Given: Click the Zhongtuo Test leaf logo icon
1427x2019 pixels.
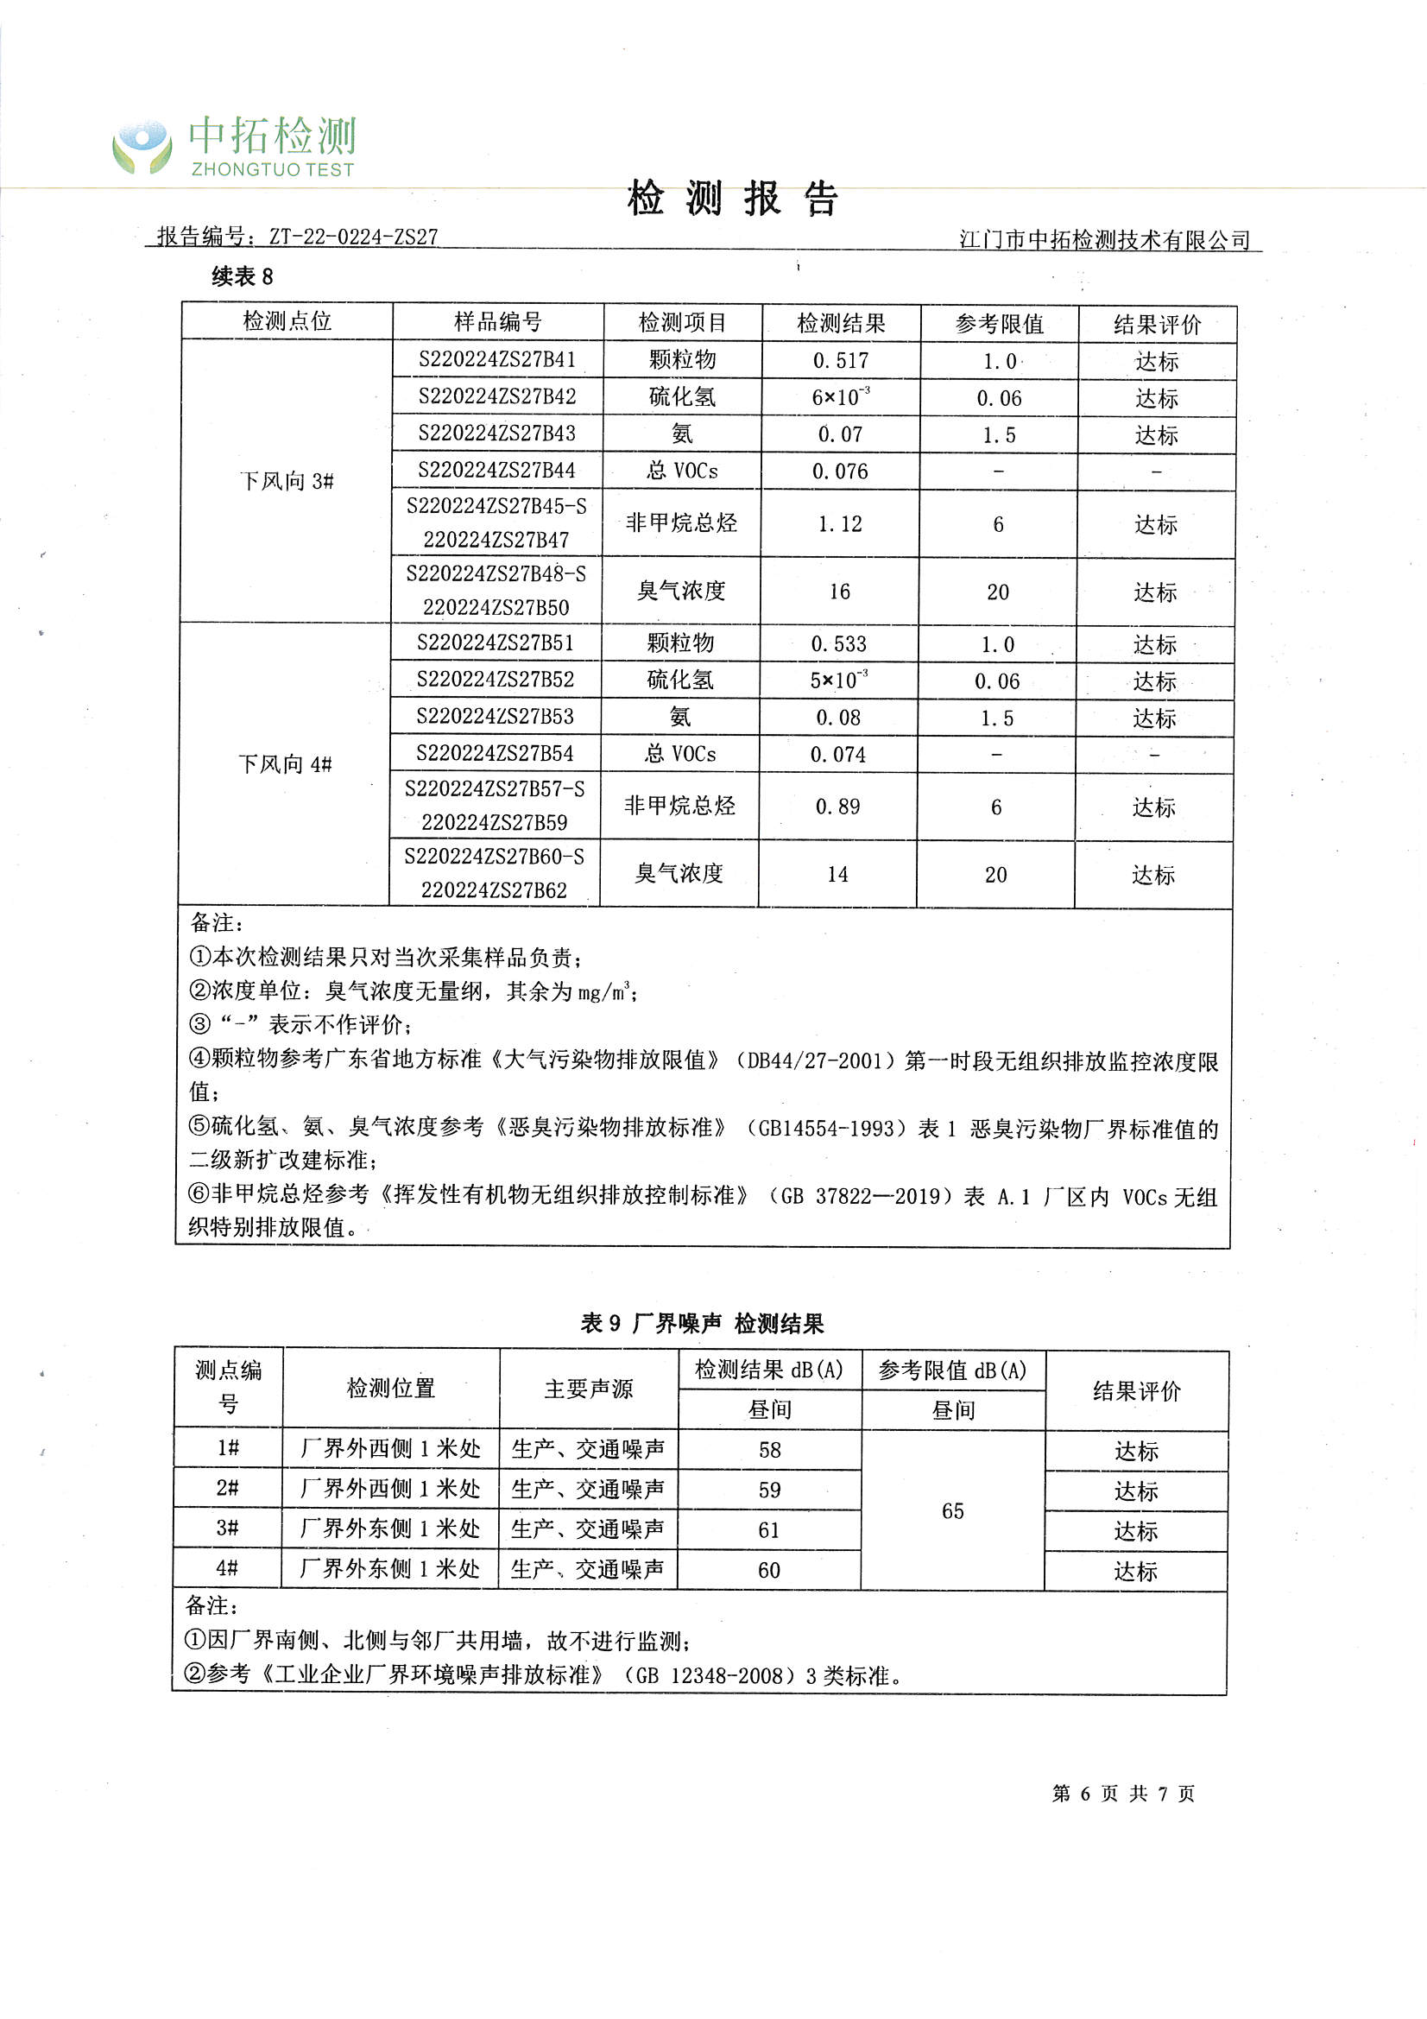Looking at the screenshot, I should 142,146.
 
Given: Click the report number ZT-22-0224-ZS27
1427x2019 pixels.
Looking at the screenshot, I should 352,237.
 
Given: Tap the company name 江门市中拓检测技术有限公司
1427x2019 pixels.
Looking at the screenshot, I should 1104,239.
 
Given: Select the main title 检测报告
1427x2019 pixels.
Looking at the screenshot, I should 732,199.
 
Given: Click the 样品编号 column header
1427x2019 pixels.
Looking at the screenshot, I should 497,322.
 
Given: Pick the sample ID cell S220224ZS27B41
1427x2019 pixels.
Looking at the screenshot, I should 497,359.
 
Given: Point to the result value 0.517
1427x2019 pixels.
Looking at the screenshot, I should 841,361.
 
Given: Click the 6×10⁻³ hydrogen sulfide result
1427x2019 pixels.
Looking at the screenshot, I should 841,396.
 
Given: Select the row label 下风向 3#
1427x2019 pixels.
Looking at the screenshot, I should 287,481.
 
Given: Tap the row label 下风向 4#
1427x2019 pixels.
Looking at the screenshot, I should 285,764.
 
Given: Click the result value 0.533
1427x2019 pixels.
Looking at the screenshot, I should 839,643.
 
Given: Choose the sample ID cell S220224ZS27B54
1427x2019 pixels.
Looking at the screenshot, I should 495,754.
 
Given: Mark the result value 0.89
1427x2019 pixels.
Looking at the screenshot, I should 838,807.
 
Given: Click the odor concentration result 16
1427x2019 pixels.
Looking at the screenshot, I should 840,592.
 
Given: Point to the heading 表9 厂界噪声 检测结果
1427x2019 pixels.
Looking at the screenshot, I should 702,1324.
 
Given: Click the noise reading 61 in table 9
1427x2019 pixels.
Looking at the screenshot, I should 769,1530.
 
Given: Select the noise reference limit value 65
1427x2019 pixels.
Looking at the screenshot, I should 953,1510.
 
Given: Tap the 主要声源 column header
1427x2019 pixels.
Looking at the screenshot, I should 588,1389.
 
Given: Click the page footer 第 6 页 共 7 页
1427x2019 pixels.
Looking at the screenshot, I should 1123,1794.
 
